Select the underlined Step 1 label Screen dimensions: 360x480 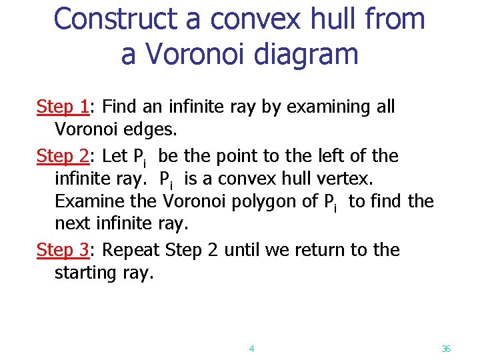[63, 107]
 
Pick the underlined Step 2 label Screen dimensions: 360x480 [63, 156]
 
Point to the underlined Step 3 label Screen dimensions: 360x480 [63, 250]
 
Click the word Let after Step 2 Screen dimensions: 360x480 [116, 156]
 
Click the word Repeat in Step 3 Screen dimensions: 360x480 [133, 250]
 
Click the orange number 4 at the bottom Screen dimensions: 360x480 [251, 348]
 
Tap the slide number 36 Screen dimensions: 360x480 [446, 348]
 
